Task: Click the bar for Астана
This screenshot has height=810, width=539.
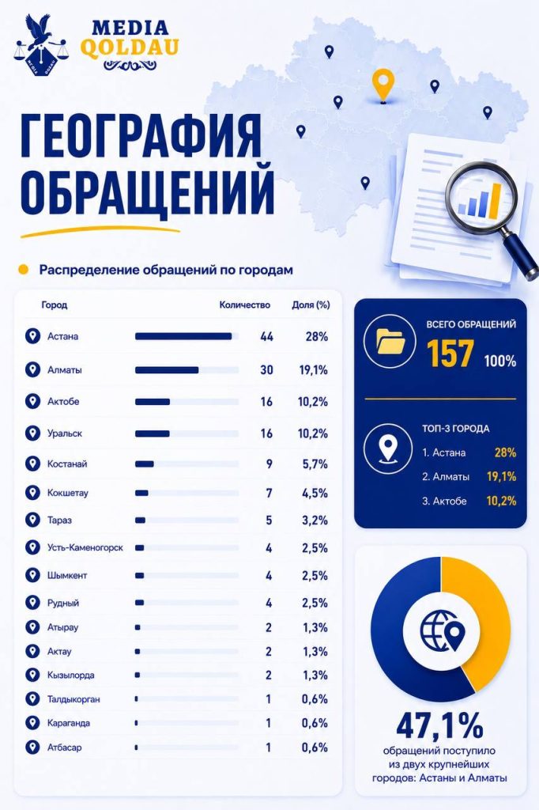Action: tap(183, 336)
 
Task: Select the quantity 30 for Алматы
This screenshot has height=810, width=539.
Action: tap(266, 370)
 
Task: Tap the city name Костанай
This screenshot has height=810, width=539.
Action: tap(67, 464)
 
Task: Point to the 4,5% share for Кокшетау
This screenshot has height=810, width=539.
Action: tap(315, 493)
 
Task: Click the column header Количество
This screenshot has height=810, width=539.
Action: tap(245, 305)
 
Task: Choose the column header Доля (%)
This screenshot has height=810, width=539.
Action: tap(311, 305)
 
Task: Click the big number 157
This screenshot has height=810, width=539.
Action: tap(450, 354)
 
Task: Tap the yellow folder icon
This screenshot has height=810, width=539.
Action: tap(391, 342)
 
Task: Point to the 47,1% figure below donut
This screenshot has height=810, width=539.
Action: tap(440, 725)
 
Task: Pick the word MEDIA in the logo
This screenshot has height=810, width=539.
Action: tap(130, 28)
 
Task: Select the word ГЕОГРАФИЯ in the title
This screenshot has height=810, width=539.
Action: tap(141, 136)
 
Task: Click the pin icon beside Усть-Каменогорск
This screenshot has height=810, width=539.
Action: tap(32, 547)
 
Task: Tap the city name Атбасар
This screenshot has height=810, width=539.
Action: tap(65, 748)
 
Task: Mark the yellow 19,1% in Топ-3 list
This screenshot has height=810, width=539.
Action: tap(501, 476)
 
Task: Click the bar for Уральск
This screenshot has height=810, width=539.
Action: tap(153, 433)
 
